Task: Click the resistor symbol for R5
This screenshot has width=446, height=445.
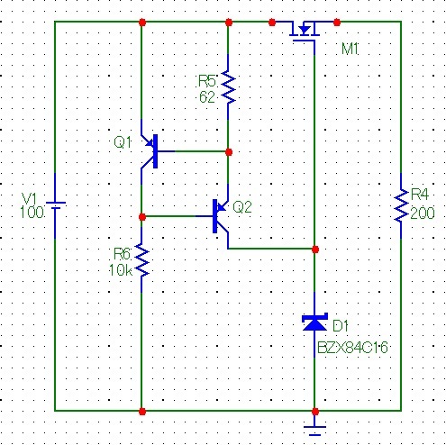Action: [228, 87]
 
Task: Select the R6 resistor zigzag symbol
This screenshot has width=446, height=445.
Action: [142, 259]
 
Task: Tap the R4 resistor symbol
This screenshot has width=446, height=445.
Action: [401, 205]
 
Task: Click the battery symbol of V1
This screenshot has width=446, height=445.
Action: [55, 205]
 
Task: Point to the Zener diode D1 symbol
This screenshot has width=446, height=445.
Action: [314, 322]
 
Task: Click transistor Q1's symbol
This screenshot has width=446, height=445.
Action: [150, 151]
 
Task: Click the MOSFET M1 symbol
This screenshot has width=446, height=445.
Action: [304, 32]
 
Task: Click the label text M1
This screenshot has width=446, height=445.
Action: [350, 49]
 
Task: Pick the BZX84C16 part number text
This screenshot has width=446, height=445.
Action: [352, 348]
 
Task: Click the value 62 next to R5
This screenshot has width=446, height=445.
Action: [207, 96]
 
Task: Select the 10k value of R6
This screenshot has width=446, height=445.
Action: [121, 270]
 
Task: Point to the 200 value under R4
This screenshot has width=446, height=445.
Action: [423, 213]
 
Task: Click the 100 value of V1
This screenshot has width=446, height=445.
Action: [32, 213]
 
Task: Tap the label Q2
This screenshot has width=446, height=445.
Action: [242, 207]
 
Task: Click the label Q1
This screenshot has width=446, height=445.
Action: [123, 142]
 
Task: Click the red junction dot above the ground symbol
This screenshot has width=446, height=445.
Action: [315, 411]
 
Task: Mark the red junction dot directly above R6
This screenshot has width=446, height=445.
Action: [142, 216]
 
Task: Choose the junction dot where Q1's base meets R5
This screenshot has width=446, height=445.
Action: [229, 152]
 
